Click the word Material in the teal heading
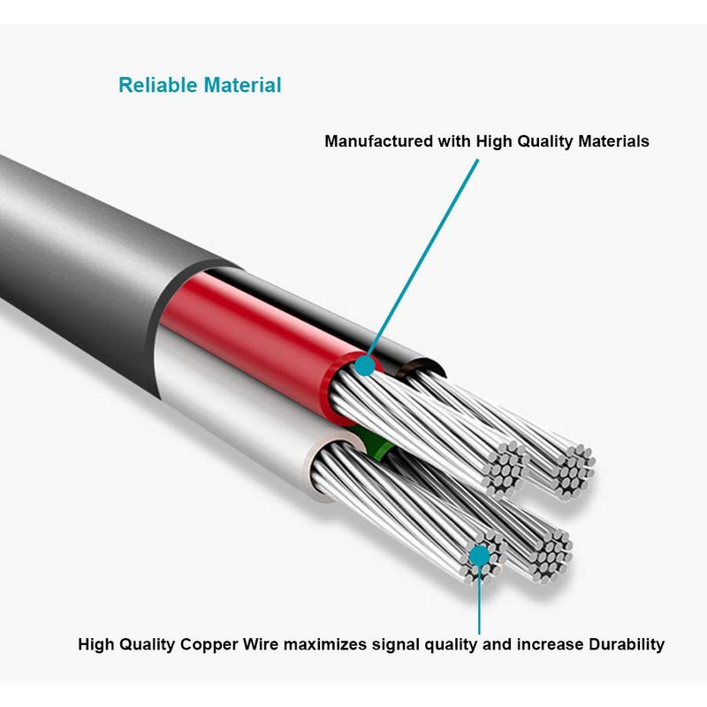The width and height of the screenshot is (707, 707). click(241, 86)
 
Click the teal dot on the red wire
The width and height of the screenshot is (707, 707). click(364, 365)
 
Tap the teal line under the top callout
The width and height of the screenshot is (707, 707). click(424, 256)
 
